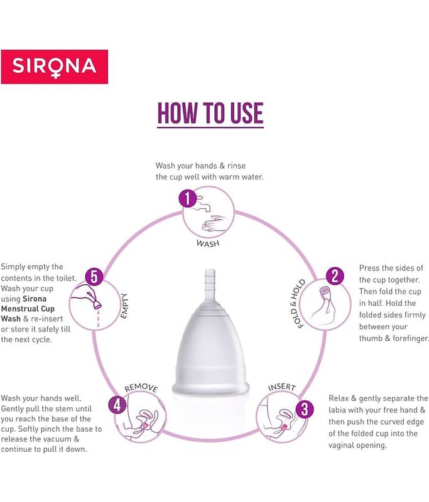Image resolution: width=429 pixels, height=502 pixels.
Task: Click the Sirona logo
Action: [x=54, y=67]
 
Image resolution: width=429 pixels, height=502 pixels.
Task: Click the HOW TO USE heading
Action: [x=210, y=114]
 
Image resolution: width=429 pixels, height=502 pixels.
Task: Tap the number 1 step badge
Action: [x=187, y=198]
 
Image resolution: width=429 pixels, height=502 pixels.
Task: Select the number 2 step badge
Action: [x=335, y=276]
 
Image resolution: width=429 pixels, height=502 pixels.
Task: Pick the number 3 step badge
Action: [x=304, y=410]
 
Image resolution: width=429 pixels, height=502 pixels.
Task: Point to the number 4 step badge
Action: [x=117, y=405]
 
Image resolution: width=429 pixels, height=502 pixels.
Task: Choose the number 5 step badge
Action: [x=94, y=277]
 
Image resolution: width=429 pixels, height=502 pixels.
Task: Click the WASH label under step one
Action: [x=208, y=243]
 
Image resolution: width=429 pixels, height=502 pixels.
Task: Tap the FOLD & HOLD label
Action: [x=297, y=304]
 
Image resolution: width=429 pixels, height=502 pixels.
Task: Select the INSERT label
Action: [x=281, y=387]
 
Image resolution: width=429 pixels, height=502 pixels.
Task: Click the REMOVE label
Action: [x=141, y=388]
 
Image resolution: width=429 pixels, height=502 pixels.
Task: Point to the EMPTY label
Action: [x=124, y=306]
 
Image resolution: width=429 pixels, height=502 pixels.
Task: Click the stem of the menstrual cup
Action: [x=210, y=282]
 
